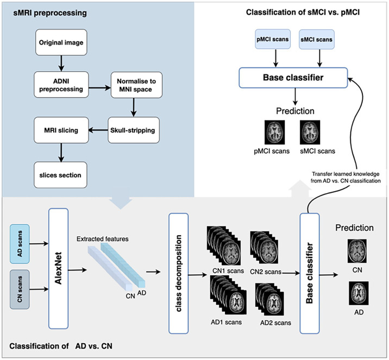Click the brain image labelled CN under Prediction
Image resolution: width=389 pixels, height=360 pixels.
click(357, 251)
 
